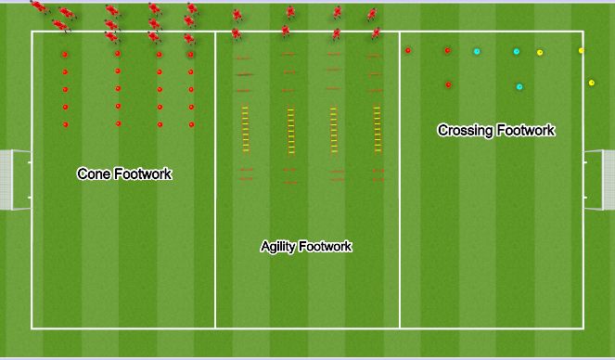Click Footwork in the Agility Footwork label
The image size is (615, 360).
coord(326,247)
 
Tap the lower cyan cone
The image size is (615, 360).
coord(519,87)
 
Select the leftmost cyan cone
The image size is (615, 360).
coord(477,51)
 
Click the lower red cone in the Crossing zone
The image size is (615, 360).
coord(448,84)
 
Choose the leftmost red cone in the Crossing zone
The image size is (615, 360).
coord(408,50)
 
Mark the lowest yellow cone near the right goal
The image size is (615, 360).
coord(591,83)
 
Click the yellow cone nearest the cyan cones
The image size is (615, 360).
coord(540,53)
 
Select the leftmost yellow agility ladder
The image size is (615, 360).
coord(246,129)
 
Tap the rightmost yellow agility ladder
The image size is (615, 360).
coord(377,129)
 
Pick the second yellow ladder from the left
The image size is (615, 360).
coord(290,130)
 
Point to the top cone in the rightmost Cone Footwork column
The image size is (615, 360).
coord(191,54)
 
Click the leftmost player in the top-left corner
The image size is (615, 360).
coord(37,7)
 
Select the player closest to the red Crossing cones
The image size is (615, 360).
coord(376,33)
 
